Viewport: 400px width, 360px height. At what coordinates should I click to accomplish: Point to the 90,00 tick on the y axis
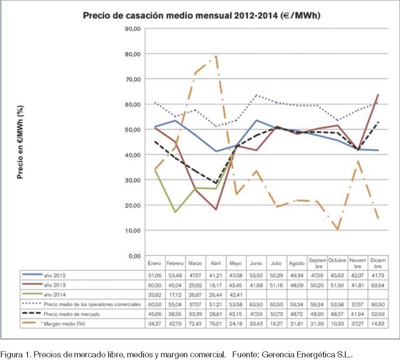(x=132, y=29)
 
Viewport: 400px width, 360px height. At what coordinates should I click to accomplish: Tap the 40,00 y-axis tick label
(x=132, y=155)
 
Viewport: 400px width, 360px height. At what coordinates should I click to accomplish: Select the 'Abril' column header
(x=215, y=264)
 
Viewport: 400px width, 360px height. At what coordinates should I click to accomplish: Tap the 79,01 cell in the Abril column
(x=215, y=324)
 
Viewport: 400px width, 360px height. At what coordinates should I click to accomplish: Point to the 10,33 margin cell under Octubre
(x=337, y=324)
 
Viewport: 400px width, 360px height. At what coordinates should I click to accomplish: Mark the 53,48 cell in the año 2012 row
(x=175, y=276)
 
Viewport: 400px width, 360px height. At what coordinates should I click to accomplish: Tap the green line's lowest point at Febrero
(x=175, y=212)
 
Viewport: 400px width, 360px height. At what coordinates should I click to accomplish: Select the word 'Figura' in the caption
(x=11, y=352)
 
